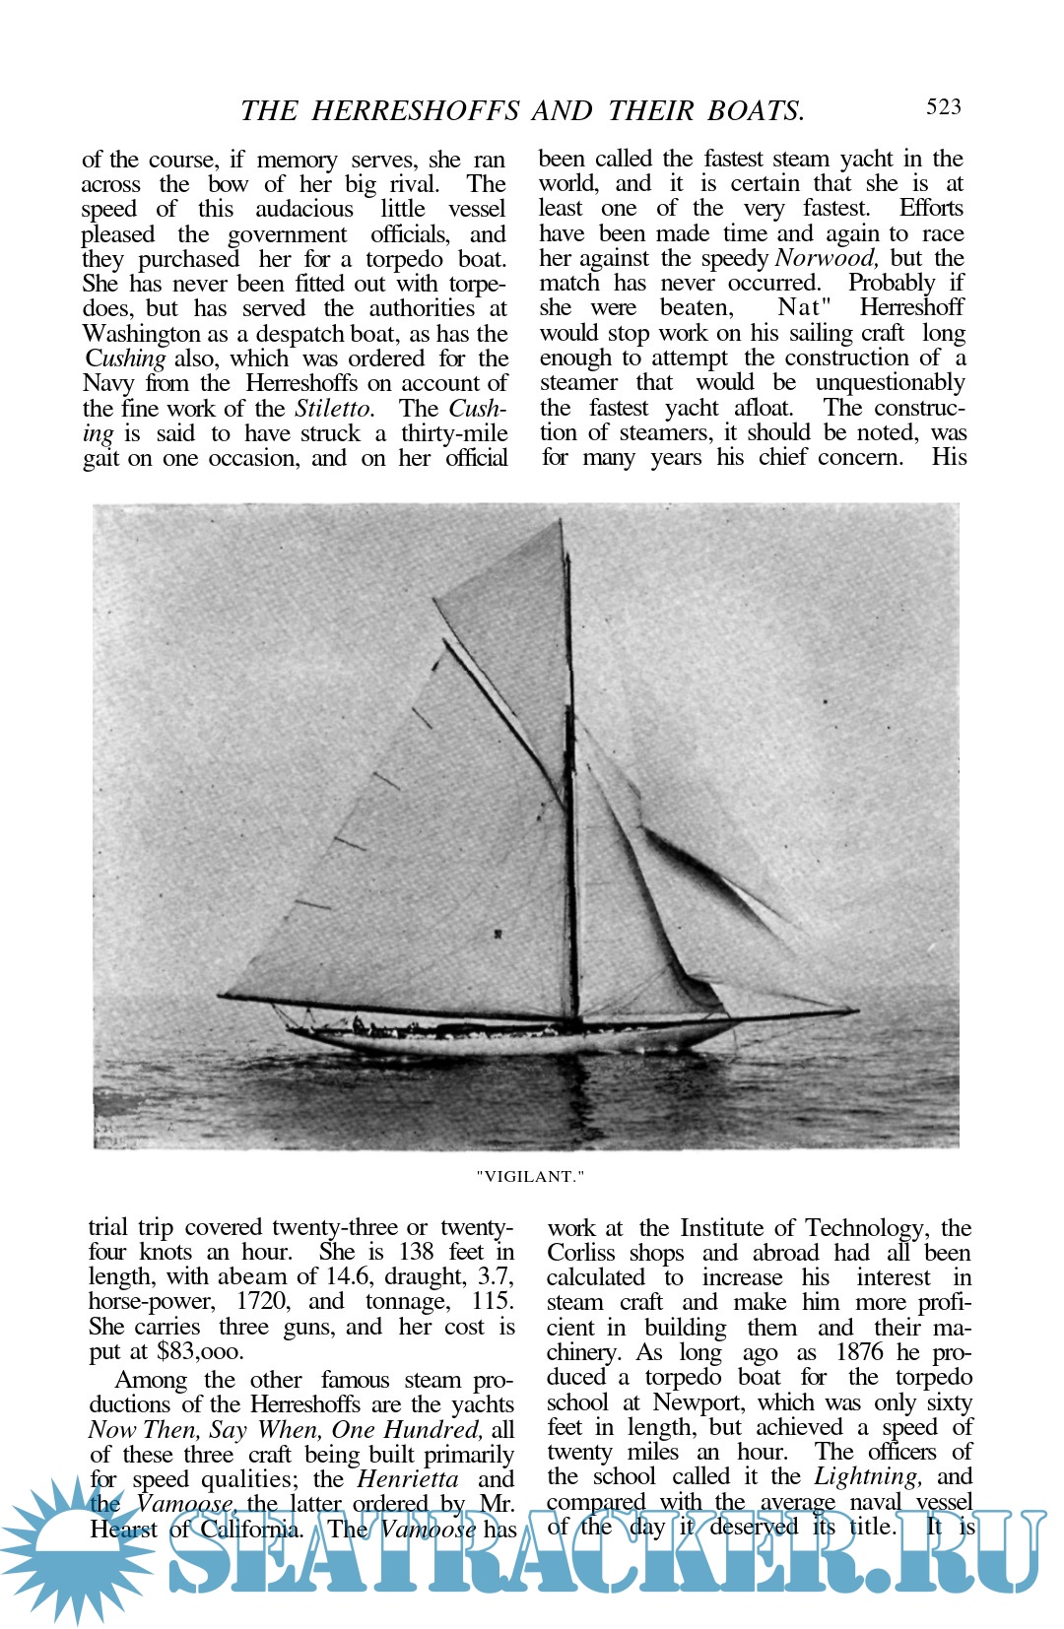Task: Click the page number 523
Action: tap(943, 107)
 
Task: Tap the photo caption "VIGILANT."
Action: tap(530, 1176)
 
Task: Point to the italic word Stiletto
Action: tap(334, 409)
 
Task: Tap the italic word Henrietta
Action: tap(408, 1479)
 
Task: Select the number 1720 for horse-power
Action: tap(261, 1301)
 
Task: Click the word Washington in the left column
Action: tap(142, 334)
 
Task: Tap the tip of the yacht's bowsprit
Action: tap(857, 1010)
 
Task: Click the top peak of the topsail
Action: tap(562, 522)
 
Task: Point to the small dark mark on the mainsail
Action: tap(499, 933)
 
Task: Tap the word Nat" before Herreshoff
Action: tap(805, 308)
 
